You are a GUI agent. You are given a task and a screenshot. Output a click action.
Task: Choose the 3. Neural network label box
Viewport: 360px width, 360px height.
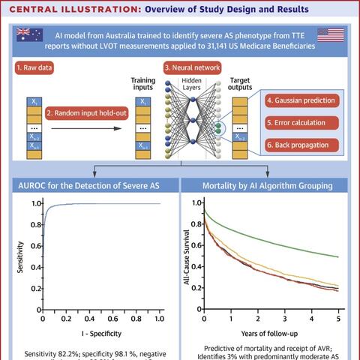(x=196, y=67)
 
